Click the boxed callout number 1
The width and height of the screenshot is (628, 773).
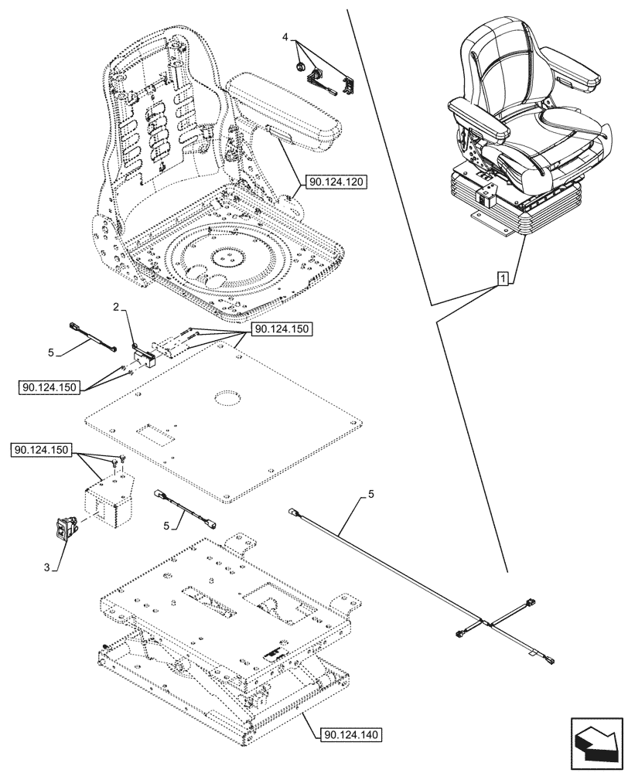(x=503, y=278)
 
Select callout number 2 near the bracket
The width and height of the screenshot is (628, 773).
(x=116, y=308)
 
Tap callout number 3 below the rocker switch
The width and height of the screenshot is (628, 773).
(x=47, y=568)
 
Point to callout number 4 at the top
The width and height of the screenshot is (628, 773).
(x=285, y=36)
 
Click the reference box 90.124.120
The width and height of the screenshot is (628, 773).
(x=336, y=182)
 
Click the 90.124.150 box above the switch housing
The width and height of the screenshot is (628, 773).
(x=44, y=450)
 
